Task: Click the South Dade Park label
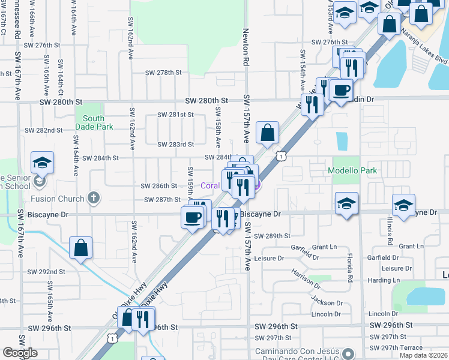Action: click(x=93, y=122)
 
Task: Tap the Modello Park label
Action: click(x=352, y=170)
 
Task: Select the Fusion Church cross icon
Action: click(x=93, y=197)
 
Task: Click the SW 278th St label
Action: click(x=164, y=73)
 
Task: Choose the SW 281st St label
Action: click(x=176, y=115)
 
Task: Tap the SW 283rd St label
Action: click(x=176, y=145)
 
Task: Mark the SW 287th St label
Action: click(x=163, y=199)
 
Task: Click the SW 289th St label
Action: click(x=272, y=236)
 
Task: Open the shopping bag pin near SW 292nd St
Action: click(x=81, y=248)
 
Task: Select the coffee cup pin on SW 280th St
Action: click(x=340, y=90)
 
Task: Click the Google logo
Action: click(x=20, y=353)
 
